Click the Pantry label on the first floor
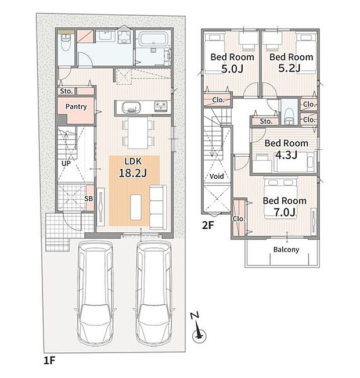[76, 107]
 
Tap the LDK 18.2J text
[133, 168]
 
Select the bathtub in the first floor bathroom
[152, 39]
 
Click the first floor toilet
[65, 42]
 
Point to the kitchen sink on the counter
[131, 107]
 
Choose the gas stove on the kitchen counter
[161, 106]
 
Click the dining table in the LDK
[138, 133]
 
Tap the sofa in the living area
[158, 207]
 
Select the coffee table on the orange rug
[136, 207]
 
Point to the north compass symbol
[198, 327]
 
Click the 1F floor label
[49, 361]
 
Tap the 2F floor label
[208, 225]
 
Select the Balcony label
[286, 250]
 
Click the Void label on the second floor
[217, 176]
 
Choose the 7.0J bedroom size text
[285, 212]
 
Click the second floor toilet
[289, 116]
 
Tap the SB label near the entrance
[88, 199]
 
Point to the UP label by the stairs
[66, 163]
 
